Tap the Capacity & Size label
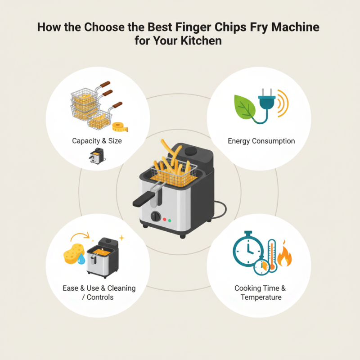pyautogui.click(x=97, y=141)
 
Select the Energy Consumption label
pyautogui.click(x=261, y=141)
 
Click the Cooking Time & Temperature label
pyautogui.click(x=260, y=292)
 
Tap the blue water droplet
pyautogui.click(x=81, y=259)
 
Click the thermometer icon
pyautogui.click(x=272, y=254)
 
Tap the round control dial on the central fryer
pyautogui.click(x=156, y=216)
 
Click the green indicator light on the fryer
pyautogui.click(x=170, y=220)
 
